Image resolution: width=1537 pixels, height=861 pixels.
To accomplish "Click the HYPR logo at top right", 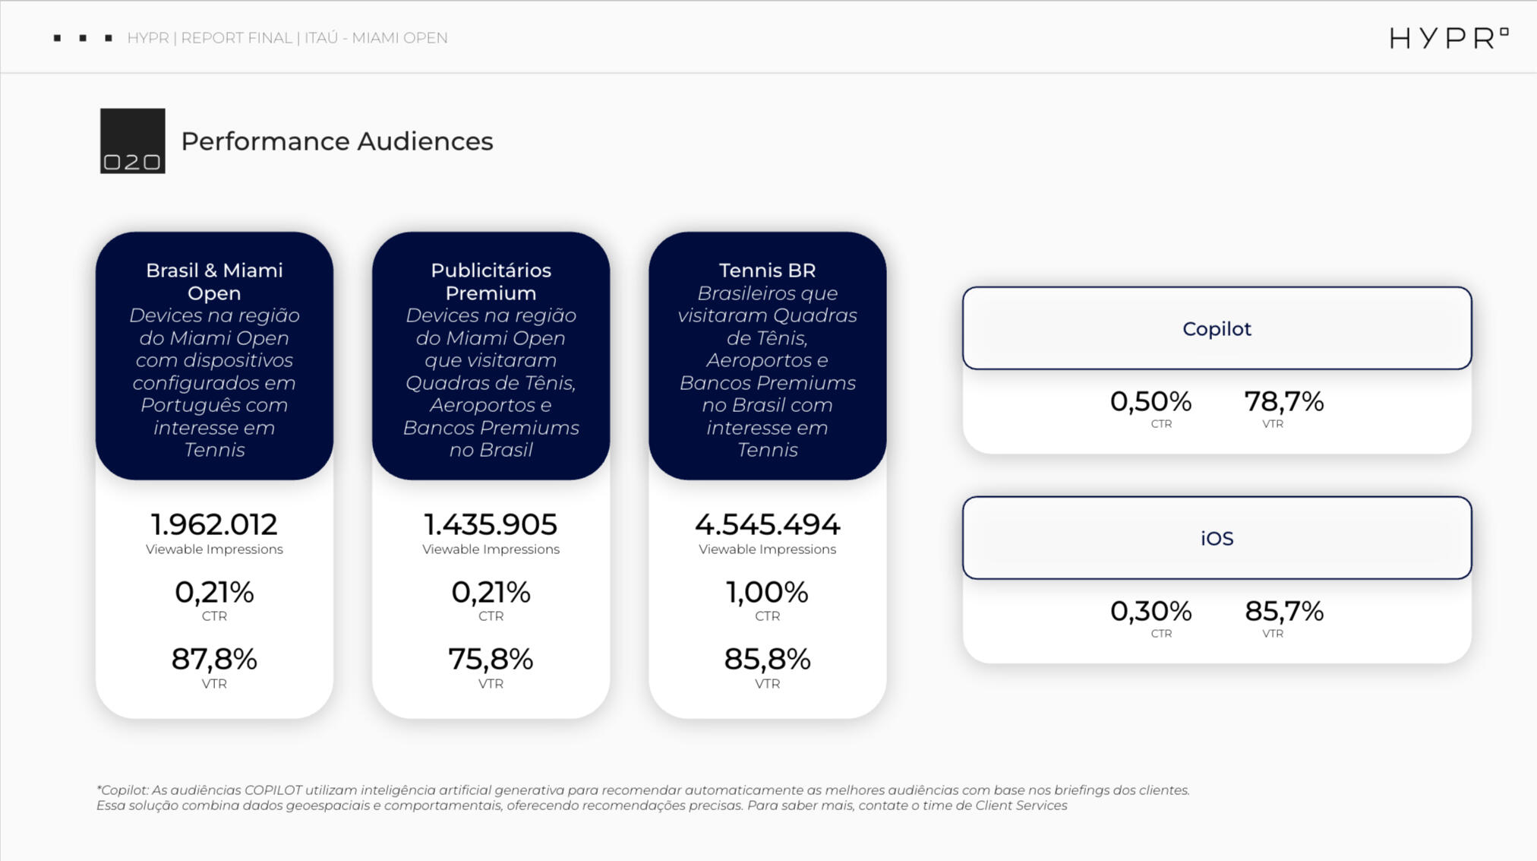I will [x=1447, y=38].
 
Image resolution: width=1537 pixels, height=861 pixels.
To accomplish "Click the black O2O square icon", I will [x=132, y=141].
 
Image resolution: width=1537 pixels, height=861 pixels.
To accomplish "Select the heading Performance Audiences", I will [x=336, y=141].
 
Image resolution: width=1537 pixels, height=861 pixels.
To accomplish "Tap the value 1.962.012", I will [x=214, y=524].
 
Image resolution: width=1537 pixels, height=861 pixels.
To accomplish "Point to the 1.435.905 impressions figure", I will [x=491, y=524].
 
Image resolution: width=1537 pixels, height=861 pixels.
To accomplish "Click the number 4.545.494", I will [x=767, y=524].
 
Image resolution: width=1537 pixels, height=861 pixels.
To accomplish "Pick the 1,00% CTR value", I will [x=767, y=592].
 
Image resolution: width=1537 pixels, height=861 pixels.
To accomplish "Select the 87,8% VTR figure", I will [x=214, y=659].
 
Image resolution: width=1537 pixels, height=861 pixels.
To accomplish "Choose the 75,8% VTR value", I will [x=491, y=659].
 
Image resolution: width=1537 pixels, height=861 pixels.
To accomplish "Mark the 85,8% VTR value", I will [x=767, y=659].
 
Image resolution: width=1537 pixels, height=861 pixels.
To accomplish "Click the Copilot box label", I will [x=1217, y=329].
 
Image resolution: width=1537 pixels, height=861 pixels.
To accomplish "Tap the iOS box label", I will [x=1217, y=539].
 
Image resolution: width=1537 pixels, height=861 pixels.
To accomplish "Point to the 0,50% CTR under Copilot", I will [x=1150, y=401].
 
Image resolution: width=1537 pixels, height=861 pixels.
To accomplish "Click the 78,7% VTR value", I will [x=1283, y=401].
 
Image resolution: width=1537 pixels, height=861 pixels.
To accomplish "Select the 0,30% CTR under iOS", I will [x=1150, y=611].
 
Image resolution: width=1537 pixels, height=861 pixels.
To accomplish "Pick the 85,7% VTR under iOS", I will [x=1283, y=611].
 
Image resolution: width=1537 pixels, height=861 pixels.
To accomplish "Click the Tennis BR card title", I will [x=767, y=271].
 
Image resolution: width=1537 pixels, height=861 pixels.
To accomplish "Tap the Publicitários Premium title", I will [x=491, y=281].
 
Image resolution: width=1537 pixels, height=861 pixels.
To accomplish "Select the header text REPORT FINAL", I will [x=236, y=38].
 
